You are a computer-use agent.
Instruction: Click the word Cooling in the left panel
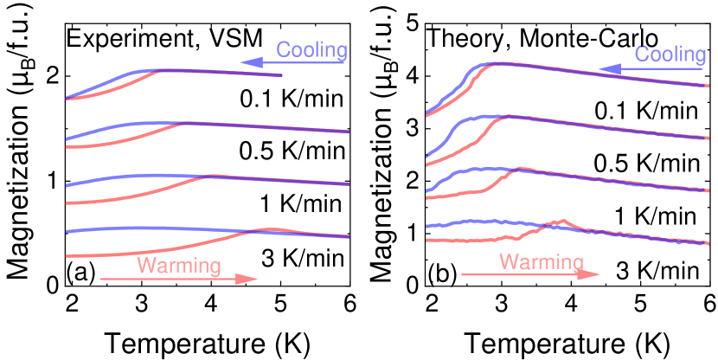pyautogui.click(x=311, y=50)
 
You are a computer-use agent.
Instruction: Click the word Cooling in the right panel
pyautogui.click(x=670, y=55)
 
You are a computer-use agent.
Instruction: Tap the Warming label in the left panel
pyautogui.click(x=179, y=266)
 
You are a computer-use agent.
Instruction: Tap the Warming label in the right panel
pyautogui.click(x=542, y=261)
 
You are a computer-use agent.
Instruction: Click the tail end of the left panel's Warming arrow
pyautogui.click(x=100, y=279)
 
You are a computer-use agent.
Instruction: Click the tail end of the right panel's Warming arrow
pyautogui.click(x=462, y=274)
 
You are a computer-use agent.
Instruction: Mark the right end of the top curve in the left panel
pyautogui.click(x=282, y=75)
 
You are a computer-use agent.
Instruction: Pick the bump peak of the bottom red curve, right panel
pyautogui.click(x=562, y=221)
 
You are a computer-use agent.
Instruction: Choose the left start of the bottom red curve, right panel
pyautogui.click(x=427, y=239)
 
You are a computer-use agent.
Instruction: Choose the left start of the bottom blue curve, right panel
pyautogui.click(x=427, y=227)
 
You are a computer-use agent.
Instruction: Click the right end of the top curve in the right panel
pyautogui.click(x=708, y=86)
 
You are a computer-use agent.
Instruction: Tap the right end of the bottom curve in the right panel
pyautogui.click(x=708, y=243)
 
